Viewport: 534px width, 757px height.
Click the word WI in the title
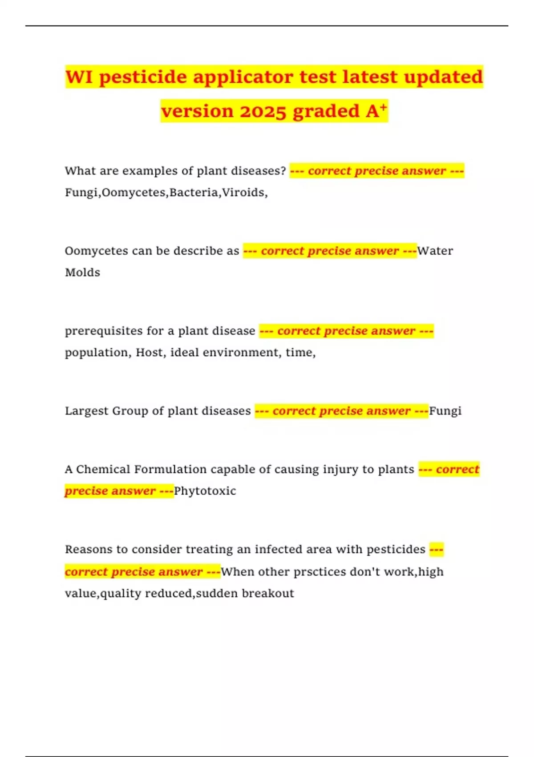coord(79,77)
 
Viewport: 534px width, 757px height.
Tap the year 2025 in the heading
coord(263,111)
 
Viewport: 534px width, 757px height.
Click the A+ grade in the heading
coord(376,110)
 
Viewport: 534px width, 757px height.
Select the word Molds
coord(83,273)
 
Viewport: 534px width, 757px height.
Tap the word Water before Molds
coord(435,251)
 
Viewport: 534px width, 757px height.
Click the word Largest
coord(87,411)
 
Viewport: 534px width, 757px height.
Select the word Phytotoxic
coord(205,491)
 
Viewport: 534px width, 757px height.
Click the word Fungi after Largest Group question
coord(445,411)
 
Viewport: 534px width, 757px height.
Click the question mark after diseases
coord(283,171)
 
